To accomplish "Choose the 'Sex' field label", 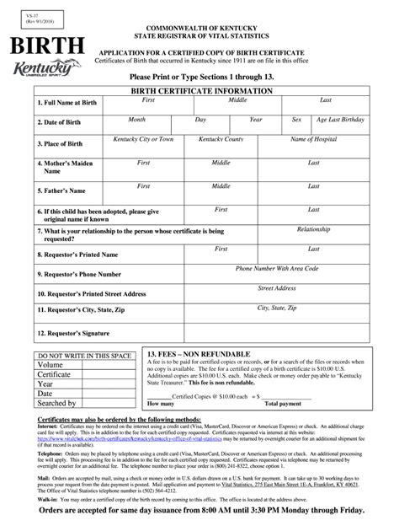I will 296,120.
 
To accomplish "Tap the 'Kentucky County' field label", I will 221,139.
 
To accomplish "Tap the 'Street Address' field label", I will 277,288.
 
